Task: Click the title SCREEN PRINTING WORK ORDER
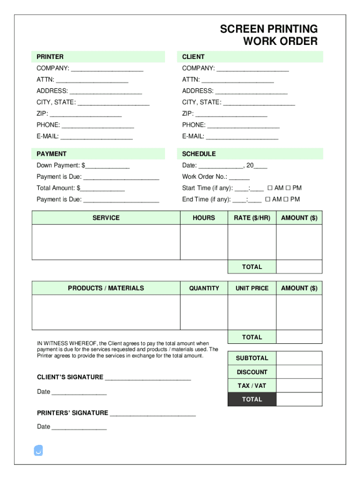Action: coord(269,35)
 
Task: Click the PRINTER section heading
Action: coord(50,57)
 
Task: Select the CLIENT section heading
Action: coord(193,57)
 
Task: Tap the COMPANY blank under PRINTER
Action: coord(107,69)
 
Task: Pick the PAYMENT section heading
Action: coord(51,153)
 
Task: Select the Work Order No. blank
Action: coord(239,177)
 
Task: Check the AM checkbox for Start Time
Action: coord(270,188)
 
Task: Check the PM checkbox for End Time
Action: coord(286,199)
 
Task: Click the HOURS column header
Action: coord(204,218)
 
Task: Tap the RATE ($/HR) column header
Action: coord(252,218)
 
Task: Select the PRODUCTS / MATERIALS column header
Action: coord(106,288)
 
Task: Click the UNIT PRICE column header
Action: coord(252,288)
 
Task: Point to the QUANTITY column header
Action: coord(204,288)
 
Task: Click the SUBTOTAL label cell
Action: coord(252,358)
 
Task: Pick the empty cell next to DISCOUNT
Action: coord(299,372)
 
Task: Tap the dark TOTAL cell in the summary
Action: coord(252,399)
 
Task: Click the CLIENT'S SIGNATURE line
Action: coord(148,378)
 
